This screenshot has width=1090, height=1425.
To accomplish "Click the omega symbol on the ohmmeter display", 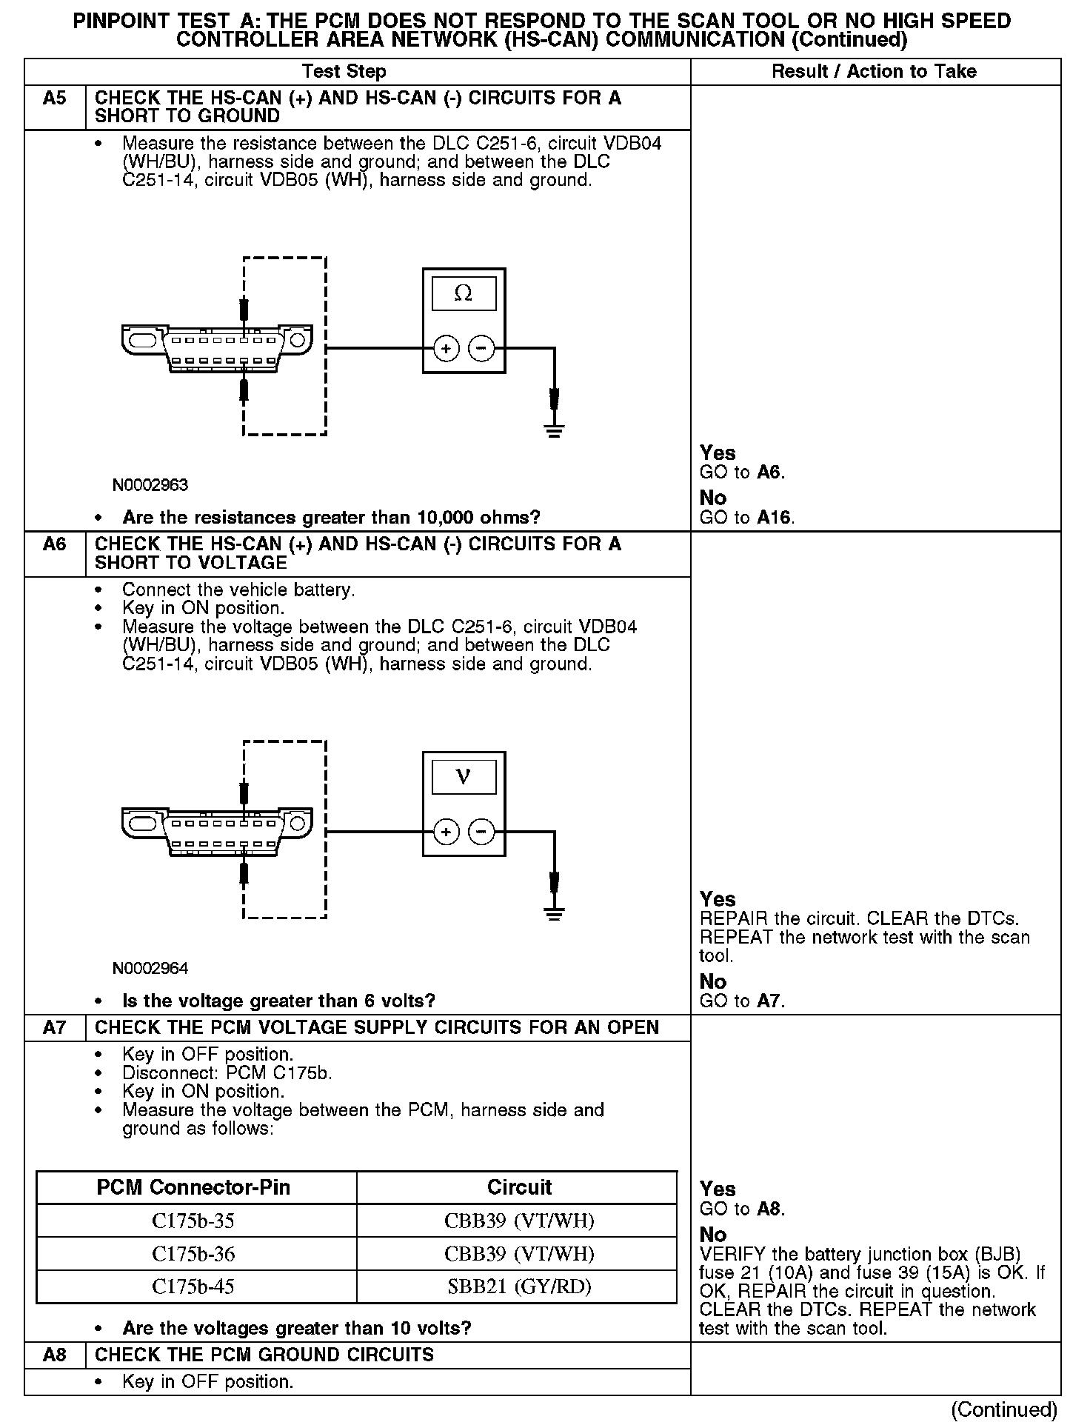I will click(x=463, y=294).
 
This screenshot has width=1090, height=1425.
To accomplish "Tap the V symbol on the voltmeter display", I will click(x=464, y=777).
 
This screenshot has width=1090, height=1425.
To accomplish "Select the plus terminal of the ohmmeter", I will click(x=446, y=348).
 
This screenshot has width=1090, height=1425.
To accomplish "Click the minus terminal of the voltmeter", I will click(x=482, y=832).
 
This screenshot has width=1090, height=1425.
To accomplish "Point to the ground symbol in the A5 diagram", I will click(x=554, y=429).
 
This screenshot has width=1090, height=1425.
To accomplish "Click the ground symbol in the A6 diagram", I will click(x=554, y=912).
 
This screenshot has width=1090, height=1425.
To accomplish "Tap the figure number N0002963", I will click(x=150, y=485).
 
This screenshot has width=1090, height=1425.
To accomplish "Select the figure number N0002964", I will click(x=150, y=968).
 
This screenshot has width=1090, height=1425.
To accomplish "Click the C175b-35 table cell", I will click(x=193, y=1221).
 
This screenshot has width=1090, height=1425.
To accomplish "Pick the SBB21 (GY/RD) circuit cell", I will click(x=519, y=1286).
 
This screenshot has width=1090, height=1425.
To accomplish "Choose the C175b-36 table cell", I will click(x=193, y=1254).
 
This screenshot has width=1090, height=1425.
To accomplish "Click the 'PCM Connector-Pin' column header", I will click(x=193, y=1187).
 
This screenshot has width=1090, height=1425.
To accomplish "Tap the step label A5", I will click(x=55, y=99).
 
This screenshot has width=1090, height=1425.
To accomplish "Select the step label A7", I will click(x=55, y=1027).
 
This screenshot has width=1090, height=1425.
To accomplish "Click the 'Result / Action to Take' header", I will click(x=874, y=71).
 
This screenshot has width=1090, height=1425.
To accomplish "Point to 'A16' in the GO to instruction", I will click(x=775, y=518).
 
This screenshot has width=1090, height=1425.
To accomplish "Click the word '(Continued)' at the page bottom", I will click(x=1003, y=1409).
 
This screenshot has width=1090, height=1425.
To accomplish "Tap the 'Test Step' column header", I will click(x=344, y=71).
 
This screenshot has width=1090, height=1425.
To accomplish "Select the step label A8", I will click(x=55, y=1355).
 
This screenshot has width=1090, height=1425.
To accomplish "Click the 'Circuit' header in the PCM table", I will click(x=519, y=1187).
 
